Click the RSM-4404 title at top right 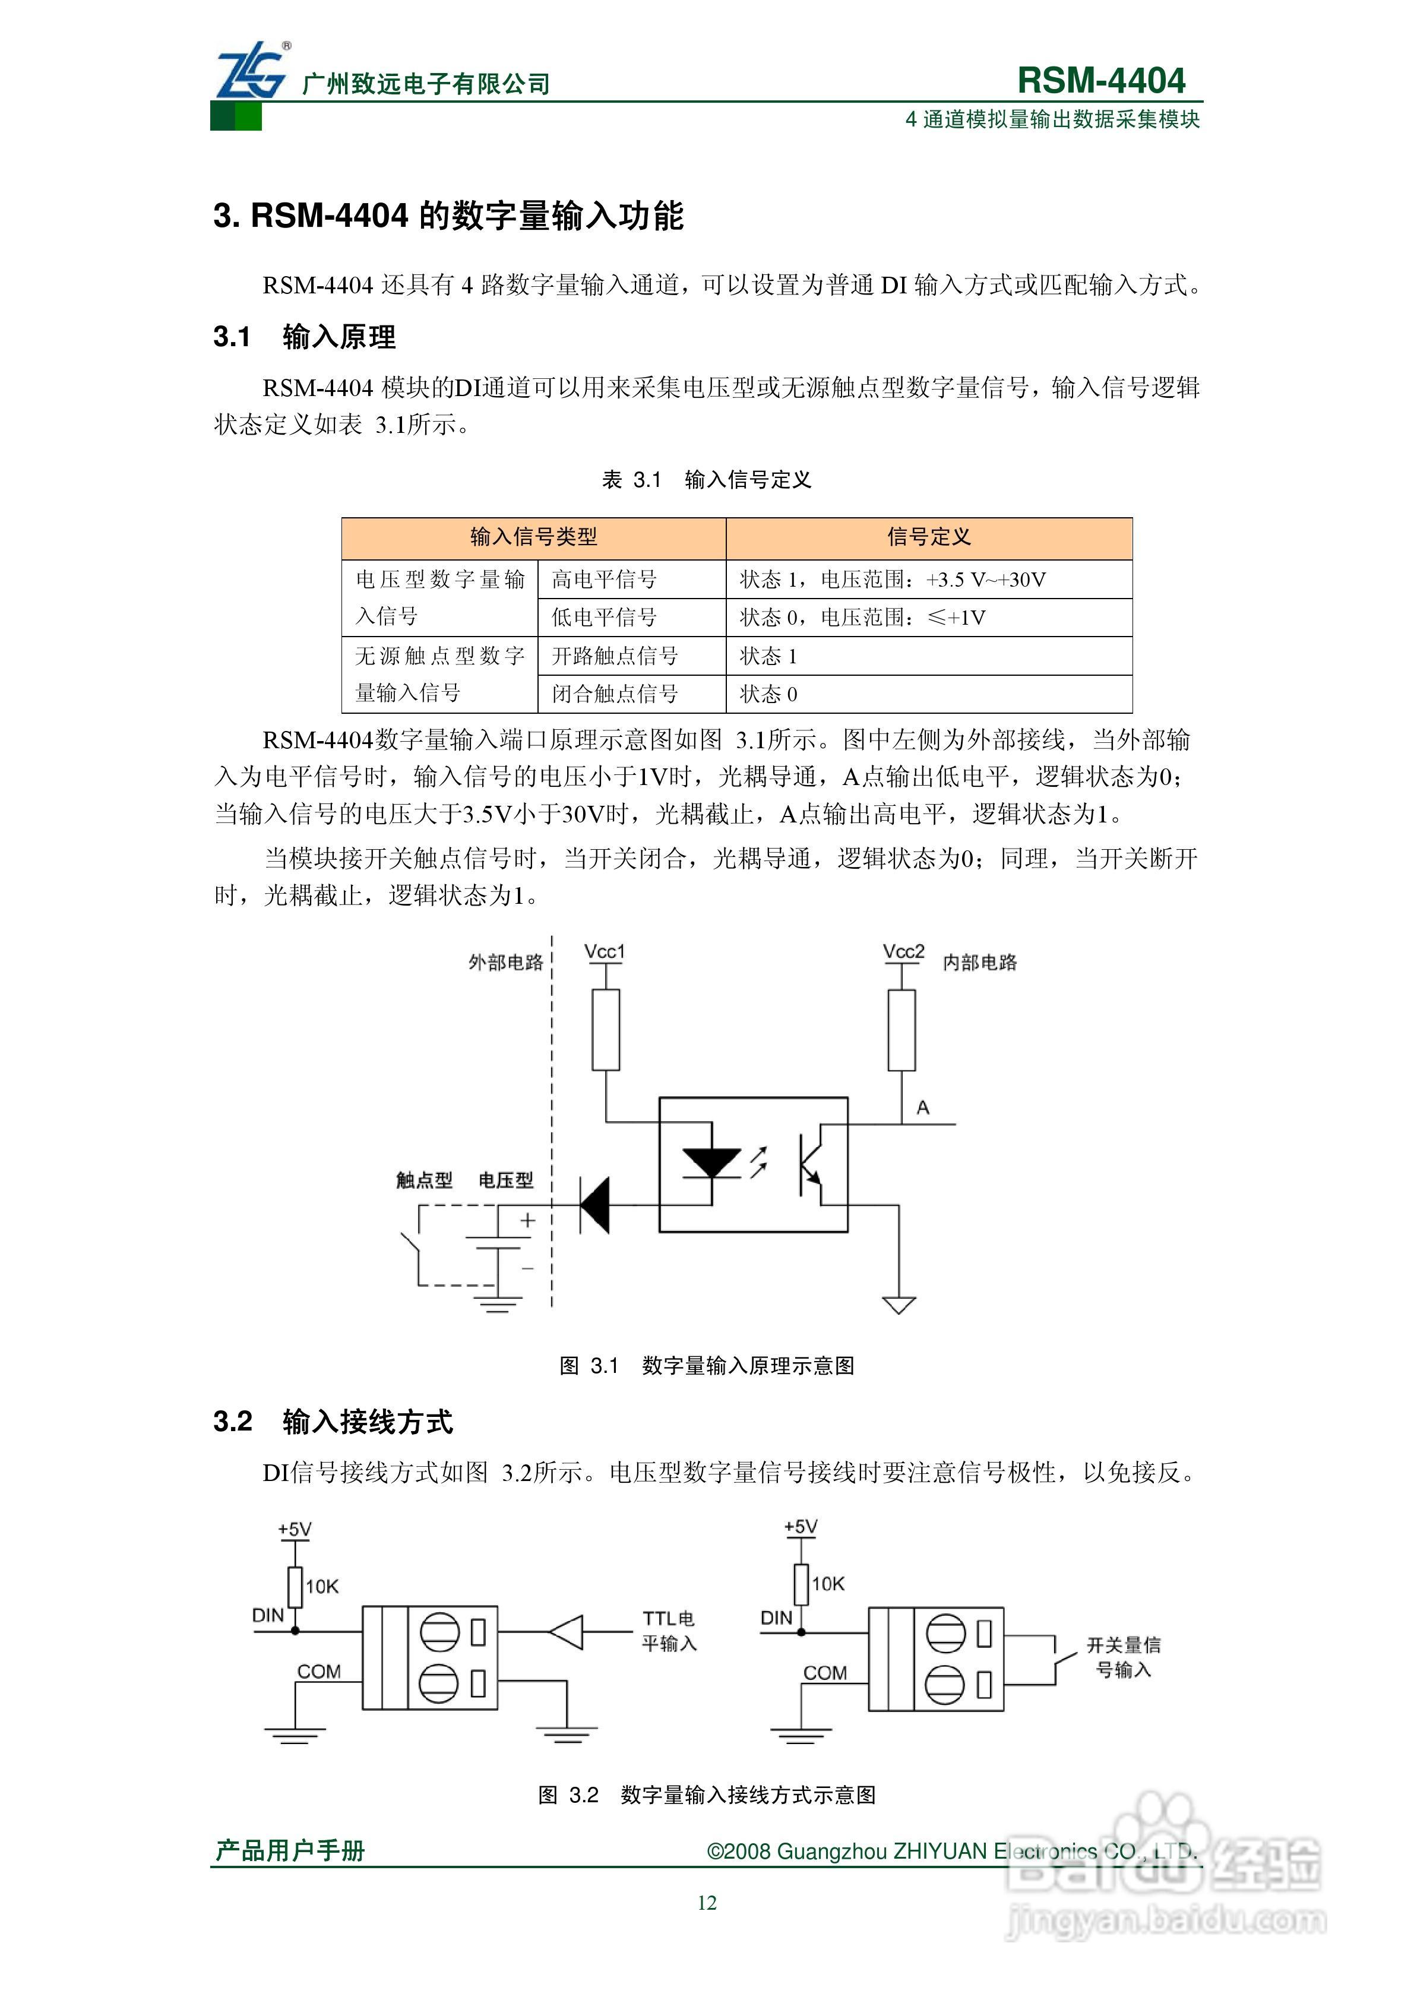1100,80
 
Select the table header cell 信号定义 929,537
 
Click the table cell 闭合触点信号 614,694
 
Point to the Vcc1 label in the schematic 605,952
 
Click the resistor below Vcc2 901,1030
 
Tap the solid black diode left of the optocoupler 595,1205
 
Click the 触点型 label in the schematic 424,1181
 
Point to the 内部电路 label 980,963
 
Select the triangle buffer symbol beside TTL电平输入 567,1632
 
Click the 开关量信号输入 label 1123,1657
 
